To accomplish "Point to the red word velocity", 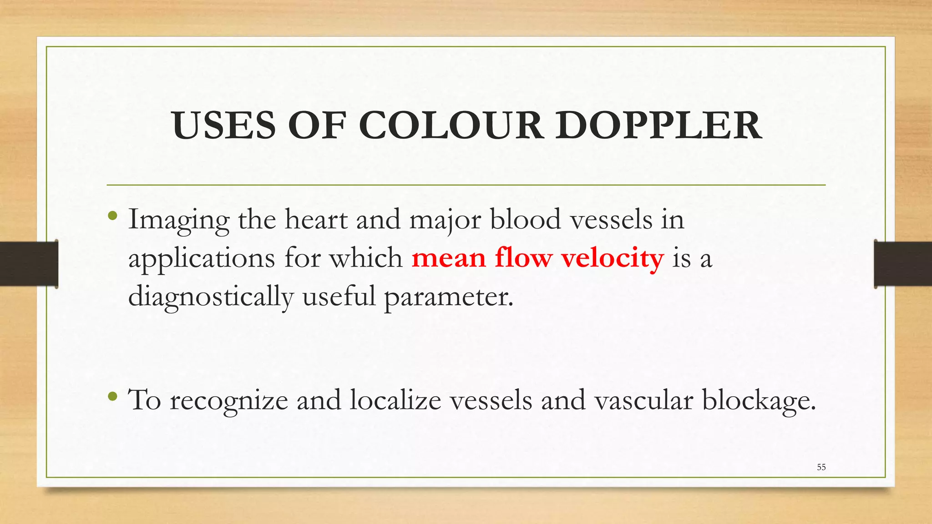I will tap(612, 258).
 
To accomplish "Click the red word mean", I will tap(449, 258).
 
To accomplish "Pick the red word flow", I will tap(523, 258).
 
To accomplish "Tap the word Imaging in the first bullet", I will tap(179, 220).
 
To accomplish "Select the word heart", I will tap(316, 219).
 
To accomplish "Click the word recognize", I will tap(229, 401).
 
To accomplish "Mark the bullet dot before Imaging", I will tap(113, 215).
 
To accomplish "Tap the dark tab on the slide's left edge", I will tap(29, 264).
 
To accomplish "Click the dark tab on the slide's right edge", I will tap(903, 264).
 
